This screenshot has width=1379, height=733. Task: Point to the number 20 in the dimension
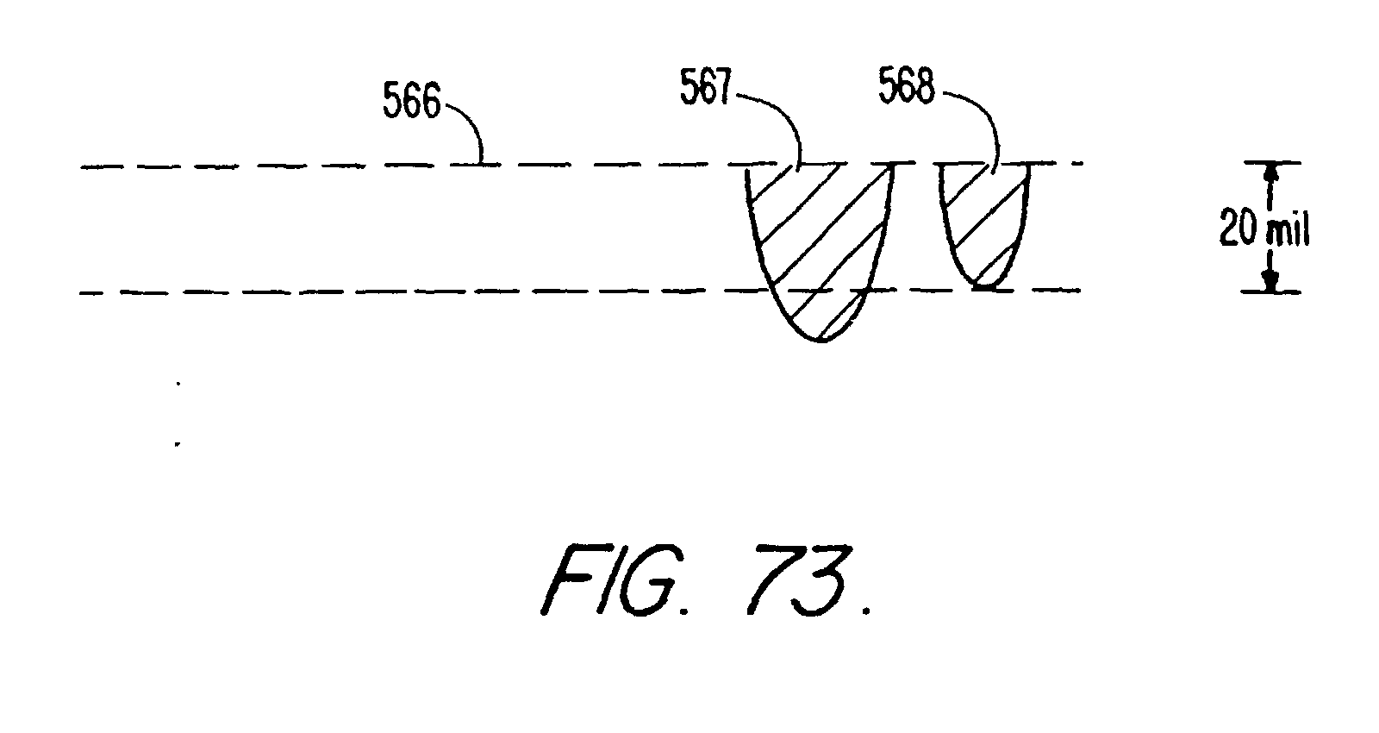[x=1237, y=229]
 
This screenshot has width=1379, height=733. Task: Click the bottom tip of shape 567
[x=821, y=341]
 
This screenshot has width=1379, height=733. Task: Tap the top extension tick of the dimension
[x=1269, y=163]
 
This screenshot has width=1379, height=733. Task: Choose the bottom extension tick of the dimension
[x=1269, y=292]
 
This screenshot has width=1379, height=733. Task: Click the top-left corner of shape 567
[x=746, y=166]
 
